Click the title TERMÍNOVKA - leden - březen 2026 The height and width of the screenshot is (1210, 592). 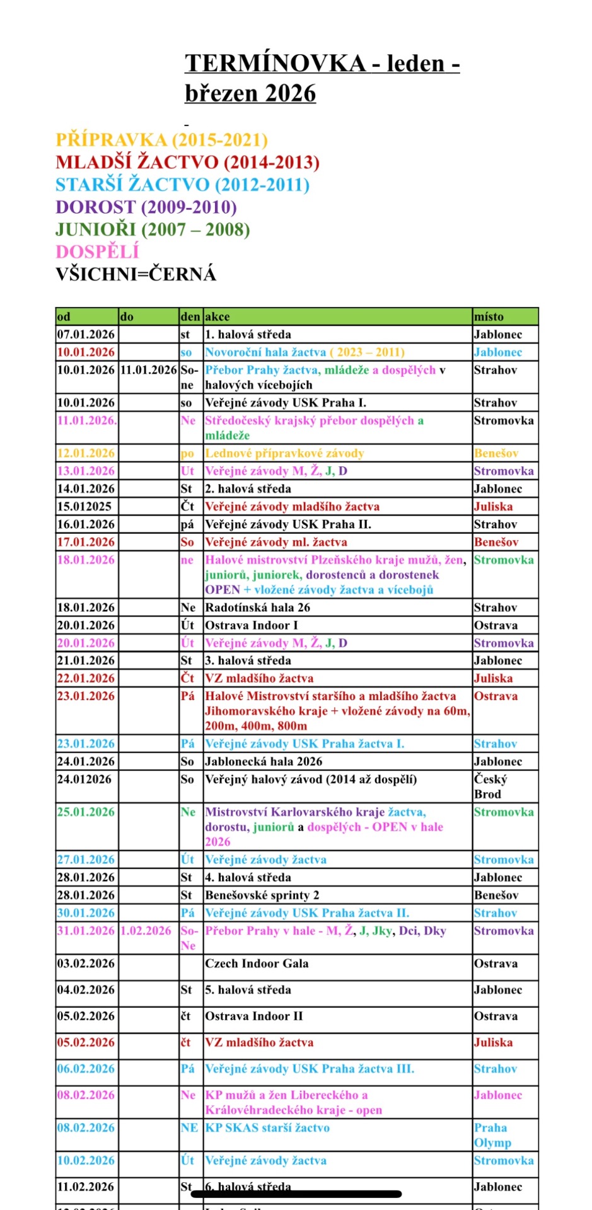(322, 78)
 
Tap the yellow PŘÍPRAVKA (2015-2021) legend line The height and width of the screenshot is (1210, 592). (161, 140)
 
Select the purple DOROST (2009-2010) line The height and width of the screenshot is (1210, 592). (146, 207)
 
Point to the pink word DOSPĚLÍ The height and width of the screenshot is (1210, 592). (97, 251)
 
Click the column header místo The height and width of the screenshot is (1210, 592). (489, 316)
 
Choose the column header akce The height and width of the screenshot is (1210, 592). (218, 316)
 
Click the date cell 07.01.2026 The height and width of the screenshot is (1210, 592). (86, 335)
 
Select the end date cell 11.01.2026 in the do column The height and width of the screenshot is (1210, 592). (148, 370)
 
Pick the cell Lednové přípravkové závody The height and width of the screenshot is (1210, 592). (284, 453)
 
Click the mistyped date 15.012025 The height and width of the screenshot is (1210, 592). (84, 506)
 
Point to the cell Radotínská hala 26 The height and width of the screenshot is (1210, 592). (257, 608)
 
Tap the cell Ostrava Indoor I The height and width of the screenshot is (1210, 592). (251, 625)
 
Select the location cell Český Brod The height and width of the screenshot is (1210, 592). (490, 786)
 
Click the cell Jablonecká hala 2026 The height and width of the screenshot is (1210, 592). (264, 761)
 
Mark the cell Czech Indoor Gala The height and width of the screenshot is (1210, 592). (257, 964)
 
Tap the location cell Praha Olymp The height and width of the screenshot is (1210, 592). (492, 1135)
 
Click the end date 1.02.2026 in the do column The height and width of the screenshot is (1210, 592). (146, 931)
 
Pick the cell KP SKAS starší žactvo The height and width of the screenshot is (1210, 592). (267, 1127)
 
